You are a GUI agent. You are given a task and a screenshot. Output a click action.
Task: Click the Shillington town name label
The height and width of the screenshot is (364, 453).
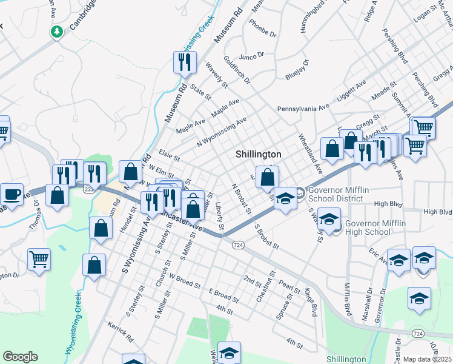coord(259,155)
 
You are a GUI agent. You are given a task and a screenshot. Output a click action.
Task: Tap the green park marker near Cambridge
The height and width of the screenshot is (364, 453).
coord(57,31)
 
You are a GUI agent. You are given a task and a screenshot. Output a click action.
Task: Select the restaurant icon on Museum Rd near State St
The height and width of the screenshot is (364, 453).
coord(185,62)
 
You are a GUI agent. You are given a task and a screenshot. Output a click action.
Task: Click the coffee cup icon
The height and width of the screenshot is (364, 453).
coord(12,194)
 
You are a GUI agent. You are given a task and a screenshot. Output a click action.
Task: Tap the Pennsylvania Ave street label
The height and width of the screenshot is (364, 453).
coord(302,108)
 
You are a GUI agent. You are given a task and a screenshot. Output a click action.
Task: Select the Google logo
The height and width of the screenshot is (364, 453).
coord(20,357)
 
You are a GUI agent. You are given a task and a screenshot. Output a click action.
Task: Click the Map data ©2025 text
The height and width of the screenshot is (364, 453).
coord(428,359)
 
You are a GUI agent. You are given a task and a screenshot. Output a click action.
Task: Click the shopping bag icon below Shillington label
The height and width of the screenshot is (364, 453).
coord(267,178)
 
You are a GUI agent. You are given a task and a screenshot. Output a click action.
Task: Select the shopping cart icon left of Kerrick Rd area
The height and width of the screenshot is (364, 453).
coord(39,260)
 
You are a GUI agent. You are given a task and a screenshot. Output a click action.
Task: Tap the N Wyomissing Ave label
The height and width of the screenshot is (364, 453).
coord(222,132)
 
